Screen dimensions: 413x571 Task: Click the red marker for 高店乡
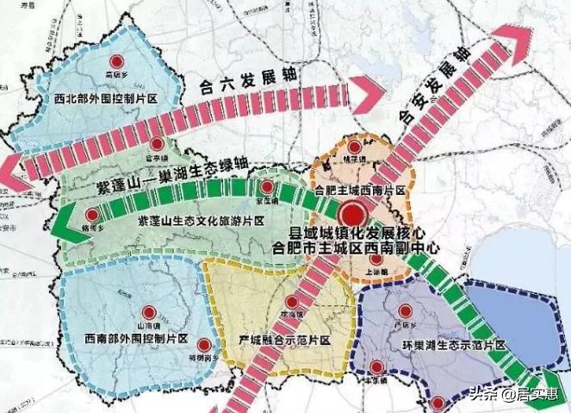[116, 61]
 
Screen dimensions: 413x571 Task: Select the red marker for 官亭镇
[157, 144]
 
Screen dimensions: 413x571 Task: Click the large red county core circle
[352, 216]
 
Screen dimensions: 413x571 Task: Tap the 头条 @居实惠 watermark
[518, 396]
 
